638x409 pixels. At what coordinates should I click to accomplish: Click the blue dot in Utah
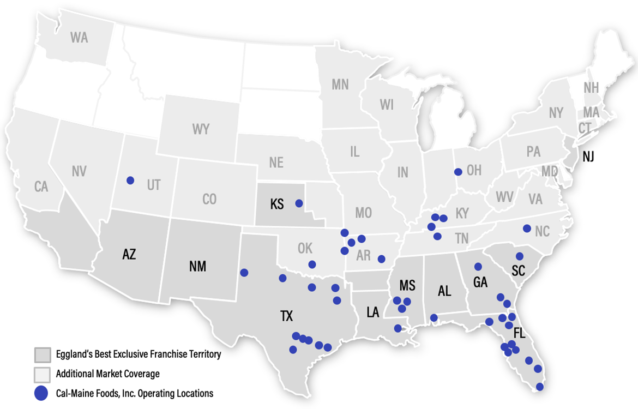point(130,180)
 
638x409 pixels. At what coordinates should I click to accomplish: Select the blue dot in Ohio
point(458,172)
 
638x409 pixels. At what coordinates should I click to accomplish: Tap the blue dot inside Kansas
point(298,203)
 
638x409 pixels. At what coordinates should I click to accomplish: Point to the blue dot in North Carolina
point(527,228)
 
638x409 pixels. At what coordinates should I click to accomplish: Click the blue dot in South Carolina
point(520,256)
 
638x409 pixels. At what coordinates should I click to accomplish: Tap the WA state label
point(79,38)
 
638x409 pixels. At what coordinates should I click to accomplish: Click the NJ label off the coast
point(588,157)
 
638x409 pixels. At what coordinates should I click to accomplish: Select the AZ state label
point(129,254)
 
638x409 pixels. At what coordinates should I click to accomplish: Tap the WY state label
point(201,130)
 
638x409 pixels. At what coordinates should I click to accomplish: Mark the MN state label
point(340,85)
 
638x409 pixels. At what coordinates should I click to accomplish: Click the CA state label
point(41,187)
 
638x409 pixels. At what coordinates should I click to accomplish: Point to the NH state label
point(591,88)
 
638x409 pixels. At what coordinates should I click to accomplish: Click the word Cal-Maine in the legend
point(73,393)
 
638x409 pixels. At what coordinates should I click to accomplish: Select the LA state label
point(373,312)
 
